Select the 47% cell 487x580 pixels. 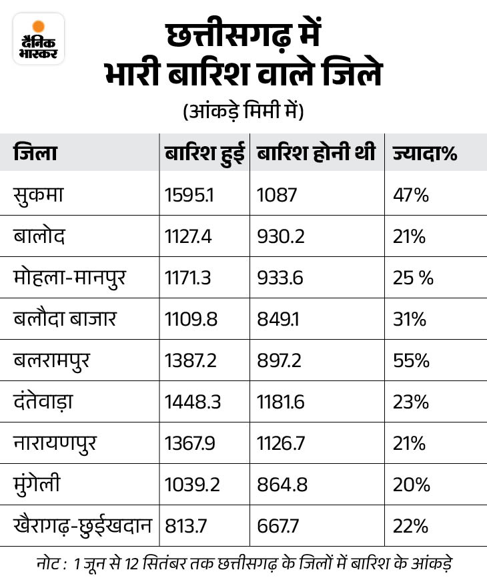(411, 195)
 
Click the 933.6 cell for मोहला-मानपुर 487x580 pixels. (280, 278)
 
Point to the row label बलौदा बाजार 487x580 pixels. (65, 319)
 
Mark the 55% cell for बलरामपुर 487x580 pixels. (411, 360)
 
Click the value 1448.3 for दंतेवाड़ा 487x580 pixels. (193, 402)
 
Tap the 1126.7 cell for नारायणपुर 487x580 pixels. (282, 443)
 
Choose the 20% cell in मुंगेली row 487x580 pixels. (411, 485)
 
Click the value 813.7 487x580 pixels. (186, 526)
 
